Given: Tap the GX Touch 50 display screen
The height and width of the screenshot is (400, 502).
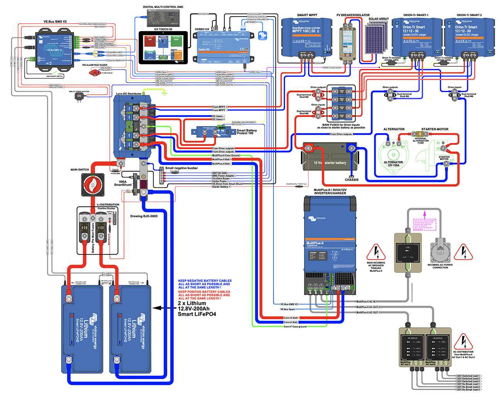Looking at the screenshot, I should click(163, 48).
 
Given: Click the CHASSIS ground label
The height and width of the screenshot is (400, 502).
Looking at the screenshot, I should click(351, 180).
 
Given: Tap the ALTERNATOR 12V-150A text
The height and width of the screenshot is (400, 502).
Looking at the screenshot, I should click(393, 164).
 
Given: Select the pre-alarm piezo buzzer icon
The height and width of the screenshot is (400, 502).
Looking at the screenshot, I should click(93, 72).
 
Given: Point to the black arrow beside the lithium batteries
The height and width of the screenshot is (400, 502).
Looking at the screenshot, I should click(162, 308).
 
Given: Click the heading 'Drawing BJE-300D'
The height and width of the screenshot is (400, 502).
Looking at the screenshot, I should click(144, 216).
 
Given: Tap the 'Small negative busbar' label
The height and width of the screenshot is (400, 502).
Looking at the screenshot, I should click(181, 168).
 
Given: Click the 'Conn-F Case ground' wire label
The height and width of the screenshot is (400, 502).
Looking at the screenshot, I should click(295, 327).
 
